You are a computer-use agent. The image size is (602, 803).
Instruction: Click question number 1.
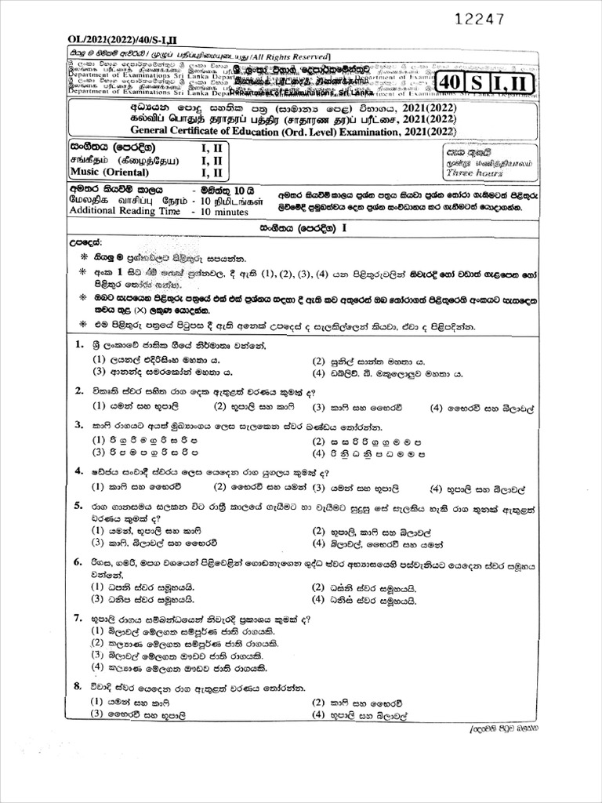[x=79, y=345]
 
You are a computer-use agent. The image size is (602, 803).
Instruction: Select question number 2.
[x=79, y=391]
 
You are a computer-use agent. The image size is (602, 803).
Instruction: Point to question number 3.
[x=79, y=425]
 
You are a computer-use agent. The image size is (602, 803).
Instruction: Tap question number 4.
[x=79, y=471]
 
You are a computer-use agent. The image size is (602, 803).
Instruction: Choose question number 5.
[x=79, y=506]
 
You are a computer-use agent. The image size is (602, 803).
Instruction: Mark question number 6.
[x=79, y=562]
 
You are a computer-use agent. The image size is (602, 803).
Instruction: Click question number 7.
[x=79, y=618]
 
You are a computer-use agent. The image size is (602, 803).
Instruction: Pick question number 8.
[x=79, y=686]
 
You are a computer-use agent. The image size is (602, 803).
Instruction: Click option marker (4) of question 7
[x=98, y=667]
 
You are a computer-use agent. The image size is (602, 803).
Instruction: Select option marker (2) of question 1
[x=318, y=361]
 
